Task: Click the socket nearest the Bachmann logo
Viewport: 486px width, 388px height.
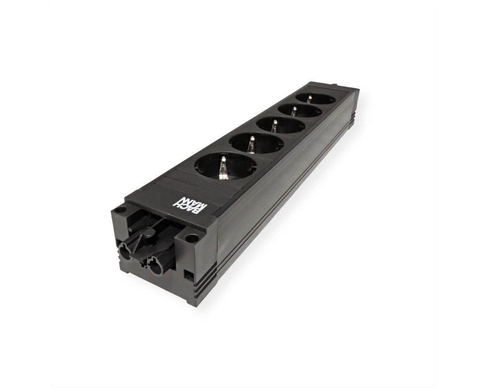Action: pyautogui.click(x=226, y=167)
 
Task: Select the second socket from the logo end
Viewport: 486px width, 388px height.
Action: pyautogui.click(x=256, y=144)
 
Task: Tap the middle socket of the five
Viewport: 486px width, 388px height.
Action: pyautogui.click(x=281, y=126)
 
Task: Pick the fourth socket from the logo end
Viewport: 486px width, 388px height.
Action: pyautogui.click(x=300, y=111)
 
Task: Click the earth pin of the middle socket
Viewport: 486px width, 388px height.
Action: pyautogui.click(x=274, y=126)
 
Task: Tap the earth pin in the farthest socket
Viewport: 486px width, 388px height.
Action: pyautogui.click(x=309, y=99)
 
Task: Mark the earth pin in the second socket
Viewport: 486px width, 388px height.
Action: pyautogui.click(x=251, y=145)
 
